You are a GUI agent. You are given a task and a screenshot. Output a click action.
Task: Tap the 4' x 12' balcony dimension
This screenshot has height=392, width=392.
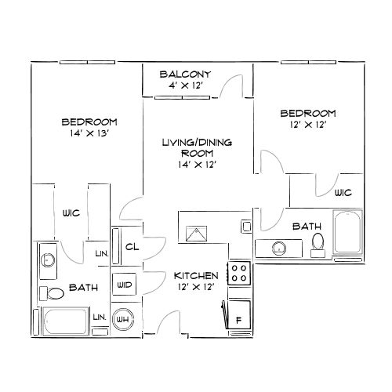[187, 85]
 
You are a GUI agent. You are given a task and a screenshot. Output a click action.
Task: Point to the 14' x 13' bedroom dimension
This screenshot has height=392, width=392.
[89, 133]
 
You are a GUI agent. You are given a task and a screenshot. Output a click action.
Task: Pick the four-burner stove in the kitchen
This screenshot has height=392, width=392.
[238, 274]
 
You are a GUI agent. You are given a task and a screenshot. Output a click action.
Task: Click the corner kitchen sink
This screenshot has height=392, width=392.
[195, 234]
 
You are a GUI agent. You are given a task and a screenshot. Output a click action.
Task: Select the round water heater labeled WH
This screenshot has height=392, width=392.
[123, 319]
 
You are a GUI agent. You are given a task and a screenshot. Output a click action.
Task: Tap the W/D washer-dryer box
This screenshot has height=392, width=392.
[123, 285]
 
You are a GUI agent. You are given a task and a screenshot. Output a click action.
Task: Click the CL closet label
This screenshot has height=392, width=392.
[131, 247]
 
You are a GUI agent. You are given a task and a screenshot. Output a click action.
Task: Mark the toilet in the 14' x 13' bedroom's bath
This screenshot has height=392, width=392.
[53, 294]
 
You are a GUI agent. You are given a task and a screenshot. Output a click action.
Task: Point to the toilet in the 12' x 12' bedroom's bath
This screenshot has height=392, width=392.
[317, 243]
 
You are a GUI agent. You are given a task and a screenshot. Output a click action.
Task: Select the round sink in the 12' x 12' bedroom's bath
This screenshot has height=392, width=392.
[278, 249]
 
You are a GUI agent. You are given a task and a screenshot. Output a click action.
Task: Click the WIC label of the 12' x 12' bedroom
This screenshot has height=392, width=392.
[342, 193]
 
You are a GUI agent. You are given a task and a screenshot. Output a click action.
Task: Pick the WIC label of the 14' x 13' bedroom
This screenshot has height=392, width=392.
[72, 213]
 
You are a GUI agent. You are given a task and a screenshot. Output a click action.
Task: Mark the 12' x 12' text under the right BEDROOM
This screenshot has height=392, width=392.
[308, 124]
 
